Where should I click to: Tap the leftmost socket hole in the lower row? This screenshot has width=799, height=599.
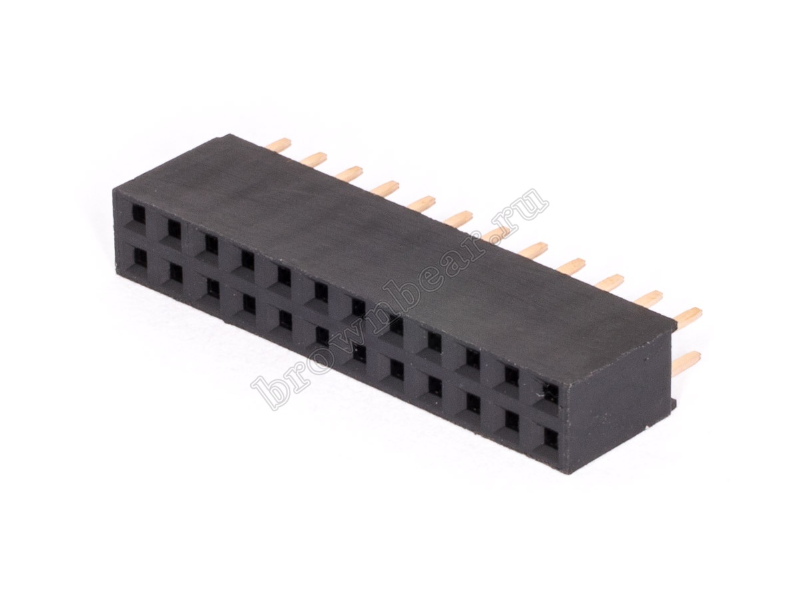tap(138, 257)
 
